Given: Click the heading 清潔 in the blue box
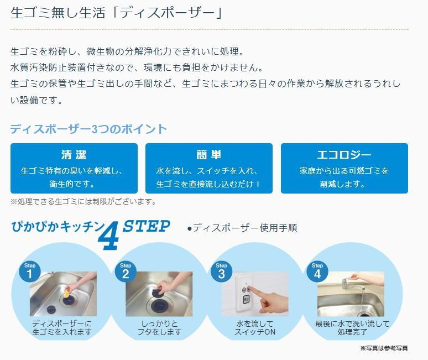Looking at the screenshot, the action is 74,154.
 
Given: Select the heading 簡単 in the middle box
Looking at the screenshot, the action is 209,154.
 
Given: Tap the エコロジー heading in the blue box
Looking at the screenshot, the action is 344,155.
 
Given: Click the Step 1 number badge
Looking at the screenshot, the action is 30,271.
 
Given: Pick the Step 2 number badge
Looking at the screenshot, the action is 126,271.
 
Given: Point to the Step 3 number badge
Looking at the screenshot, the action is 221,271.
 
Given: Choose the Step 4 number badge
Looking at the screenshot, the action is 317,271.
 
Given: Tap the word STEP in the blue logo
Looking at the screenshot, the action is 147,226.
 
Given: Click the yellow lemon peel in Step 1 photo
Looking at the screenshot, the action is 66,294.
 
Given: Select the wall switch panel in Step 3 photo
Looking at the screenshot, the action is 245,293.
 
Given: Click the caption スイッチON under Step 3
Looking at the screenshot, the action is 255,332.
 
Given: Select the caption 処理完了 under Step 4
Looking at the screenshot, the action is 352,332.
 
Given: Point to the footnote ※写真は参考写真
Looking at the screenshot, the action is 384,348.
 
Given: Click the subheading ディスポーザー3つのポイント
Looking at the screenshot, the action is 88,129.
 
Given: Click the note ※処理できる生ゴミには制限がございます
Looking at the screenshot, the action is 83,202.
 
